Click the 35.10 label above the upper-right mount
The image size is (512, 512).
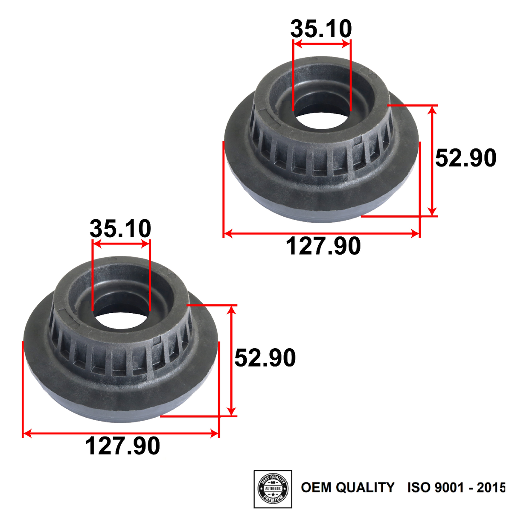pyautogui.click(x=321, y=29)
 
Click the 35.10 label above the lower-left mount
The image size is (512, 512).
pyautogui.click(x=120, y=229)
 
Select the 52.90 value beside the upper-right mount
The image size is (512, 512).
pyautogui.click(x=465, y=158)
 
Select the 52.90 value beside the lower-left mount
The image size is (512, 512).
pyautogui.click(x=265, y=358)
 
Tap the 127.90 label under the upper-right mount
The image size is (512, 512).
pyautogui.click(x=323, y=246)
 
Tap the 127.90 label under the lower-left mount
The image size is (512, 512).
pyautogui.click(x=122, y=446)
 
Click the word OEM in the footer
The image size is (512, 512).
pyautogui.click(x=316, y=487)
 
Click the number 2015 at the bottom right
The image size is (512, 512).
pyautogui.click(x=491, y=487)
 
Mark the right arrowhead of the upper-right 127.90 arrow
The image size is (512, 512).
pyautogui.click(x=416, y=233)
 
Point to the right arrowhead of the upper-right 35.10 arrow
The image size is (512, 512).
pyautogui.click(x=346, y=43)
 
